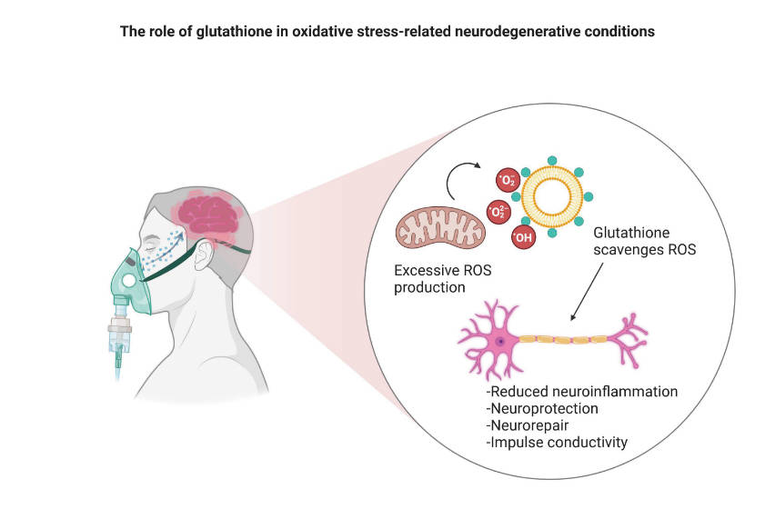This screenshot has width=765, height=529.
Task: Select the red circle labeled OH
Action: pyautogui.click(x=524, y=239)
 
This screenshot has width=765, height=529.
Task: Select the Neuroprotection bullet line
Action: pyautogui.click(x=543, y=408)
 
